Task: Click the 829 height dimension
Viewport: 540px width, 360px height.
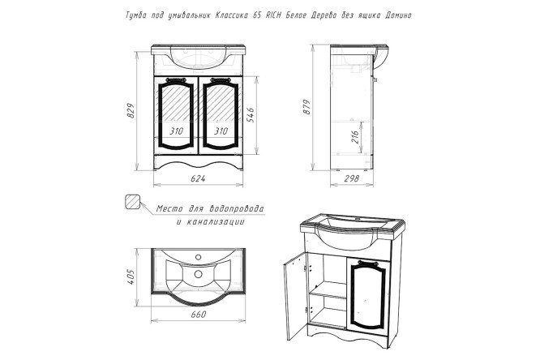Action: (x=131, y=110)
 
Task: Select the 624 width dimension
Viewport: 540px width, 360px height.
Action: (x=198, y=178)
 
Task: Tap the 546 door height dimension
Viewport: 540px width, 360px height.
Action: (x=251, y=115)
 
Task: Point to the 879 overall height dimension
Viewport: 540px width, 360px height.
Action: (x=306, y=107)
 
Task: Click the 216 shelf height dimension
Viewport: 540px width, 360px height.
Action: (x=354, y=136)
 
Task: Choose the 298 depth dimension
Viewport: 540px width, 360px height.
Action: (x=351, y=178)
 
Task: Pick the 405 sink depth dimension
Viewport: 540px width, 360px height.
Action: (x=131, y=276)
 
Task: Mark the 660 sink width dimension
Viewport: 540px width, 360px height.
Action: (x=199, y=314)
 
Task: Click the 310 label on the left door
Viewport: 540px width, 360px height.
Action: (x=176, y=131)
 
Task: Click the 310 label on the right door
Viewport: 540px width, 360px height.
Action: (x=221, y=131)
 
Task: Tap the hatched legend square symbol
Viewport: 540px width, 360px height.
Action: (x=132, y=202)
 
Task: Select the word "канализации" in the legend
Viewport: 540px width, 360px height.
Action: (x=215, y=221)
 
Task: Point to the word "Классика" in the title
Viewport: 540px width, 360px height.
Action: (x=231, y=15)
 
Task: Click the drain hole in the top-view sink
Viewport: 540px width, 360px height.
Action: (x=198, y=274)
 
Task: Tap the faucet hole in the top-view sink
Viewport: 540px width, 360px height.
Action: (x=198, y=257)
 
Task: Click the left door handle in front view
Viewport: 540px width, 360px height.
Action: (x=176, y=80)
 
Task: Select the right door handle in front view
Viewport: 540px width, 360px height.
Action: (x=221, y=80)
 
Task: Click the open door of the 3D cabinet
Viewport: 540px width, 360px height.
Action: (x=295, y=296)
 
